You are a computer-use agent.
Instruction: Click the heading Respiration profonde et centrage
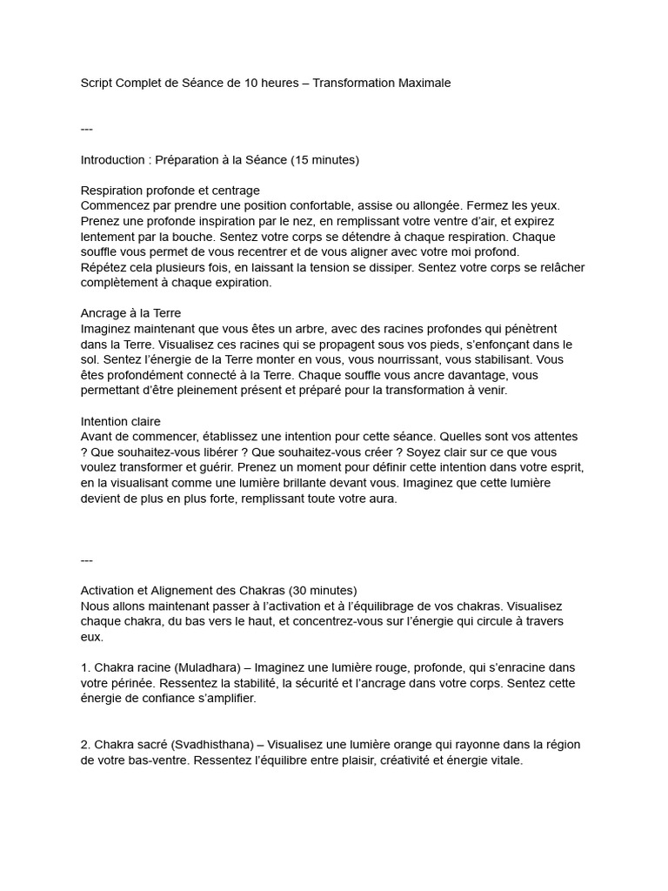click(x=170, y=191)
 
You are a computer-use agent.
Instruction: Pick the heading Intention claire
click(x=121, y=421)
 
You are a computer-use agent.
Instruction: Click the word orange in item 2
click(x=387, y=745)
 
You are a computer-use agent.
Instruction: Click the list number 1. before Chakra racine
click(x=85, y=667)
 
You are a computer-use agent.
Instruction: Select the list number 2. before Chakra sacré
click(x=85, y=745)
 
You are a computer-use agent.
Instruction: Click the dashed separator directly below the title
click(x=86, y=130)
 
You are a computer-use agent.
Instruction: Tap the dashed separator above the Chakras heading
click(x=86, y=559)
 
